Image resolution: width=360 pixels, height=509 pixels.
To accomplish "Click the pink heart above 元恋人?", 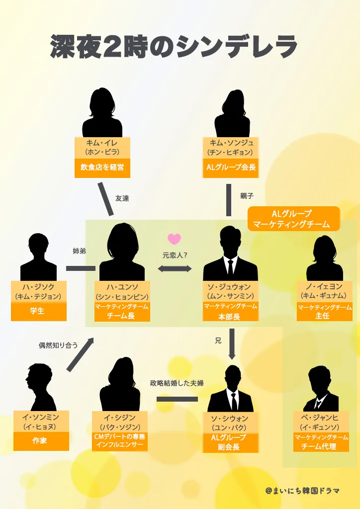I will coord(174,239).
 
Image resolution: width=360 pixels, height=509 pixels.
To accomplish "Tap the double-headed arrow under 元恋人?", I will coord(175,268).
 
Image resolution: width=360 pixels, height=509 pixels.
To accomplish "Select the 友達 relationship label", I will coord(122,198).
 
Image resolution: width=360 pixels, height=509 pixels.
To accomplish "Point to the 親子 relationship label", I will coord(247,196).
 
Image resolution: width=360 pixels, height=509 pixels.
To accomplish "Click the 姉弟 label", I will coord(79,251).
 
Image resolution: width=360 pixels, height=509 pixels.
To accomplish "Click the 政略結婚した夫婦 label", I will coord(177,383).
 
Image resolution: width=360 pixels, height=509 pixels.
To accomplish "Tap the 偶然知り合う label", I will coord(58,344).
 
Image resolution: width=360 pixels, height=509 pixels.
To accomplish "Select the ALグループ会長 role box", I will coord(231,168).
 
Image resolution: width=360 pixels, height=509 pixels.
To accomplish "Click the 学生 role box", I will coord(38,311).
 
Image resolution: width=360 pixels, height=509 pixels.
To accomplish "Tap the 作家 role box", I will coord(40,440).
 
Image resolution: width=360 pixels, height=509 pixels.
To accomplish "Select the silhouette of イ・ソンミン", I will coord(40,387).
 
